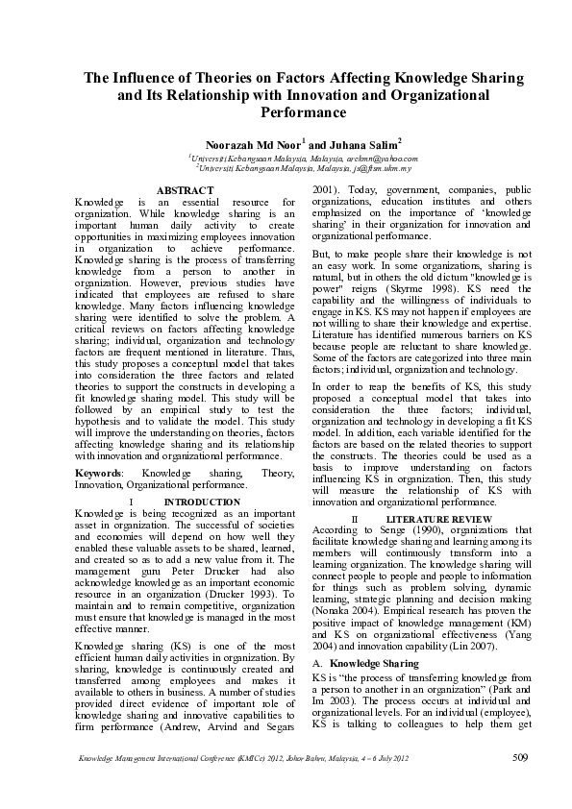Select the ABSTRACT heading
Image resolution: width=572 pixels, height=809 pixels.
[185, 191]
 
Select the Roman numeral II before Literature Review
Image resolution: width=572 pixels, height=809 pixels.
[355, 519]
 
